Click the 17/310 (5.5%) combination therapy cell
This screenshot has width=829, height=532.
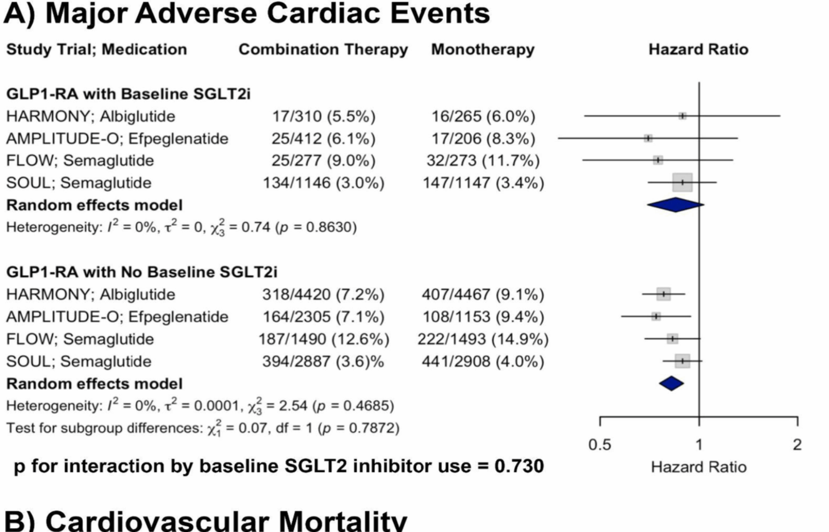tap(323, 116)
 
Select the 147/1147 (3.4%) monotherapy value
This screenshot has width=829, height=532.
tap(483, 183)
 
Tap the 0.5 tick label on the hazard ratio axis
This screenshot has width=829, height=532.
tap(600, 445)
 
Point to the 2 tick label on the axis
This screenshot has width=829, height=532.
tap(797, 445)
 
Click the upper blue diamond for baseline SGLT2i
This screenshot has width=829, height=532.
tap(675, 205)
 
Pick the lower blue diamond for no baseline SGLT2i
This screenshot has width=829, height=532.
tap(671, 383)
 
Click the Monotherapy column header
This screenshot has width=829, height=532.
tap(483, 49)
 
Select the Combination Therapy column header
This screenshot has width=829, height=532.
tap(323, 49)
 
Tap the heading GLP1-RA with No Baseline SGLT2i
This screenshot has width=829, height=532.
tap(141, 272)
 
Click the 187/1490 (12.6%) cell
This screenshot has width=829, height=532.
tap(323, 339)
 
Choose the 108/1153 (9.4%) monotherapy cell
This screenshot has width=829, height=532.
tap(483, 317)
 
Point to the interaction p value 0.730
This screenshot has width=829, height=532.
tap(519, 466)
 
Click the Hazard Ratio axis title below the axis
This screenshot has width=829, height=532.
tap(698, 467)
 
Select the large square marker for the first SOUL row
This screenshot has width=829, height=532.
tap(682, 182)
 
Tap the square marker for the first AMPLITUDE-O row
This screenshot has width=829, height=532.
tap(648, 138)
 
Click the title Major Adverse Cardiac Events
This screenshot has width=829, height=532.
tap(268, 14)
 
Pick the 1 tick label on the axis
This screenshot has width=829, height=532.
tap(699, 445)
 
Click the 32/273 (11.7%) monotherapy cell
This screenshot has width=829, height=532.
tap(483, 161)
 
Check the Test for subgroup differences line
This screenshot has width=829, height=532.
tap(203, 428)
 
